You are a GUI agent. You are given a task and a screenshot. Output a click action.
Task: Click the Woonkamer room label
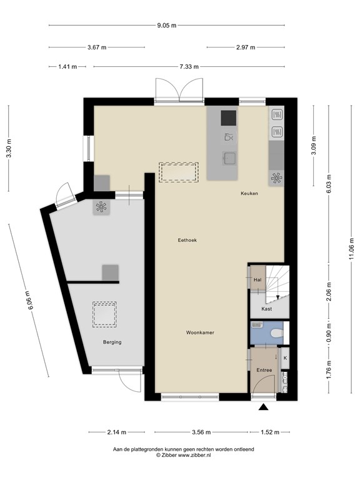pos(200,332)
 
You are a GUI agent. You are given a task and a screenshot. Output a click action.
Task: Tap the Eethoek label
pos(187,240)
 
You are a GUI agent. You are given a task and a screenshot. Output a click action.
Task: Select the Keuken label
pos(249,194)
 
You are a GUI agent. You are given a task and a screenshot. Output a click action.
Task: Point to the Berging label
pos(112,342)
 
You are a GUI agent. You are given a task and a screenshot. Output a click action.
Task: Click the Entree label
pos(264,370)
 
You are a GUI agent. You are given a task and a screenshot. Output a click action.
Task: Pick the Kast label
pos(267,309)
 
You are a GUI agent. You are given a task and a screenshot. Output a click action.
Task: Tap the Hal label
pos(257,280)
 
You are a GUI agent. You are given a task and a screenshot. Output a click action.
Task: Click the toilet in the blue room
pos(277,333)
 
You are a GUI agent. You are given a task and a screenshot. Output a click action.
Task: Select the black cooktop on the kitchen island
pos(229,118)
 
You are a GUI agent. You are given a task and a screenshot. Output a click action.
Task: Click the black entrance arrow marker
pos(263,407)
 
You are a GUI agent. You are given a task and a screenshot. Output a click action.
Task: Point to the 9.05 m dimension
pos(166,26)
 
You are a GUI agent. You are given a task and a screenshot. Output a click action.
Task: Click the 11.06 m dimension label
pos(351,249)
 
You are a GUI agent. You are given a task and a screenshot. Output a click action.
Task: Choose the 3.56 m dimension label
pos(201,432)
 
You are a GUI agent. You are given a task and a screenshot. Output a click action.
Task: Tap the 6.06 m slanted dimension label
pos(29,300)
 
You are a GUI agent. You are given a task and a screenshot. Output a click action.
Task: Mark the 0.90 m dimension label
pos(329,333)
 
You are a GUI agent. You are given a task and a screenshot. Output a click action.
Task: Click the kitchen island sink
pos(229,158)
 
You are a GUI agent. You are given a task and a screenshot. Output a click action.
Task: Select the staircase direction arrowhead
pos(277,297)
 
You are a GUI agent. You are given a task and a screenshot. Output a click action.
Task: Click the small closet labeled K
pos(285,358)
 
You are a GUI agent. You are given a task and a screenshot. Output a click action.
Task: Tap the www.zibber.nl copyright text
pos(183,455)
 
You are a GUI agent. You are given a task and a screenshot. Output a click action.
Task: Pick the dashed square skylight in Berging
pos(104,314)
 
